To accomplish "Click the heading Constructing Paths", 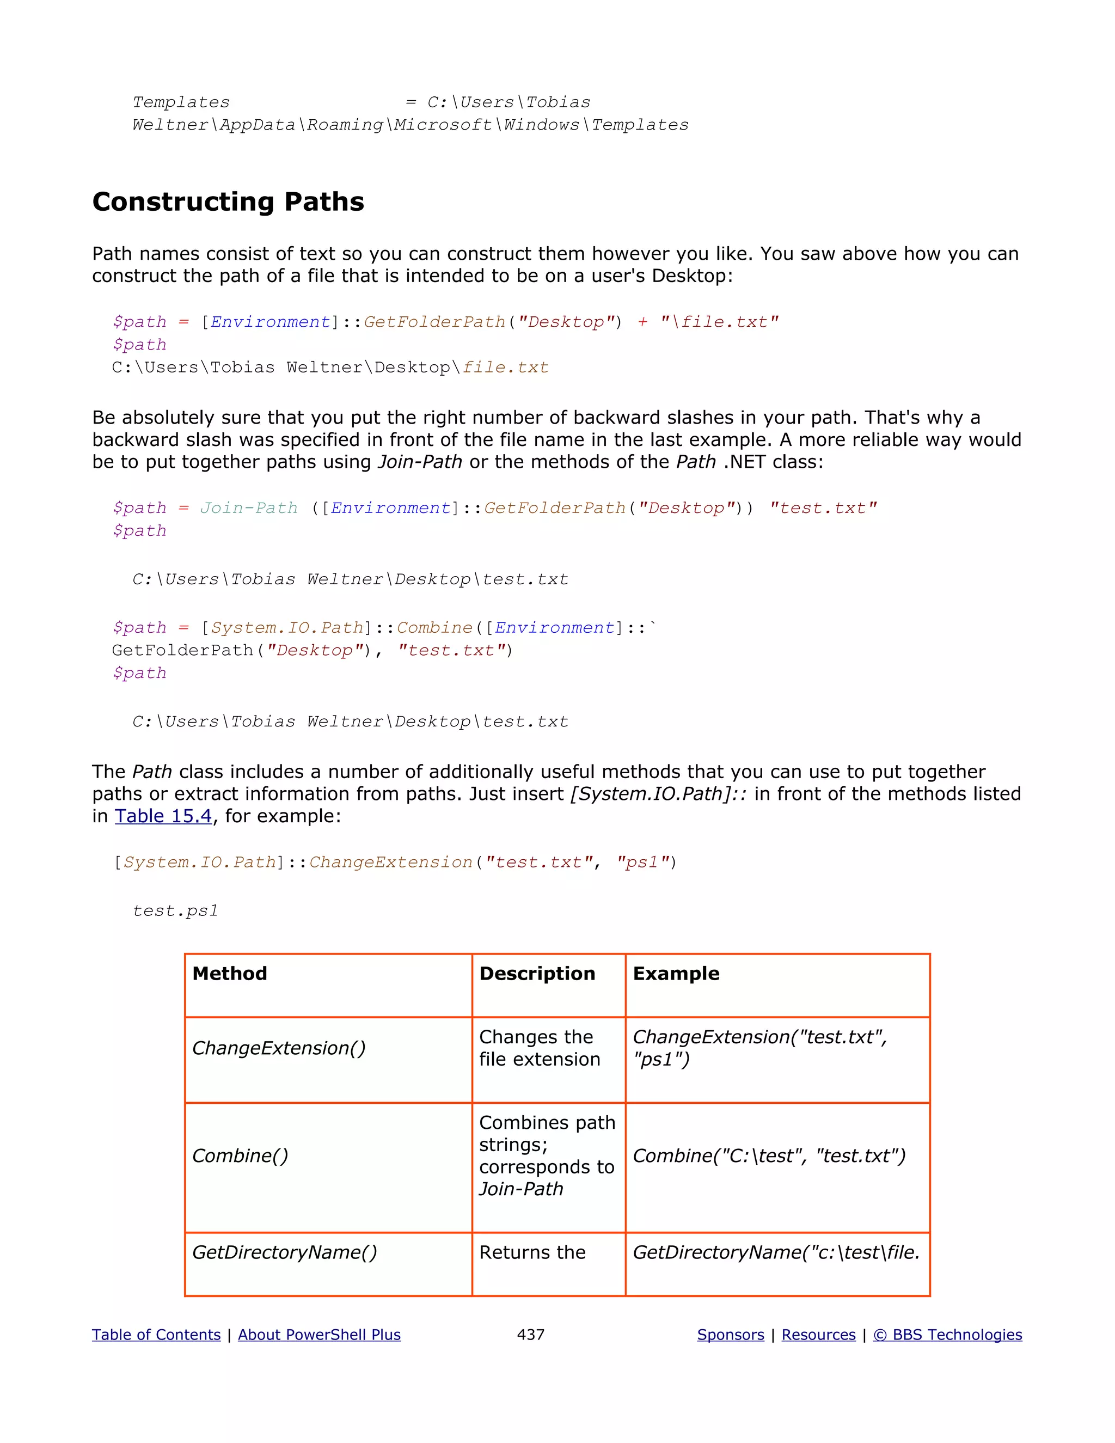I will pyautogui.click(x=228, y=201).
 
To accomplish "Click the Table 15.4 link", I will pyautogui.click(x=163, y=816).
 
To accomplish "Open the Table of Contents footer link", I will pyautogui.click(x=156, y=1335).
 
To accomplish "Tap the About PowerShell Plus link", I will pyautogui.click(x=319, y=1335).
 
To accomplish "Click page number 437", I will pyautogui.click(x=530, y=1335).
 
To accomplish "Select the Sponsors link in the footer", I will pyautogui.click(x=731, y=1335).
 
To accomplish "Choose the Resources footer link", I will pyautogui.click(x=818, y=1335).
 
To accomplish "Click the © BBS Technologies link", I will pyautogui.click(x=947, y=1335).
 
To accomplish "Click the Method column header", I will pyautogui.click(x=230, y=974).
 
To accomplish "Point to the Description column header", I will pyautogui.click(x=537, y=974).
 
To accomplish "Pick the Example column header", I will pyautogui.click(x=676, y=974).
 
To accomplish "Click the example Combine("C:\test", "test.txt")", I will pyautogui.click(x=769, y=1155).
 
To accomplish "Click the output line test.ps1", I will pyautogui.click(x=175, y=910).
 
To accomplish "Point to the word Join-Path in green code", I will pyautogui.click(x=249, y=508).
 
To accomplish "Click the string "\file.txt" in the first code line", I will pyautogui.click(x=719, y=322).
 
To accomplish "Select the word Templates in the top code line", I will pyautogui.click(x=181, y=102).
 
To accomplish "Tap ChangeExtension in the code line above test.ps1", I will pyautogui.click(x=390, y=862).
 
